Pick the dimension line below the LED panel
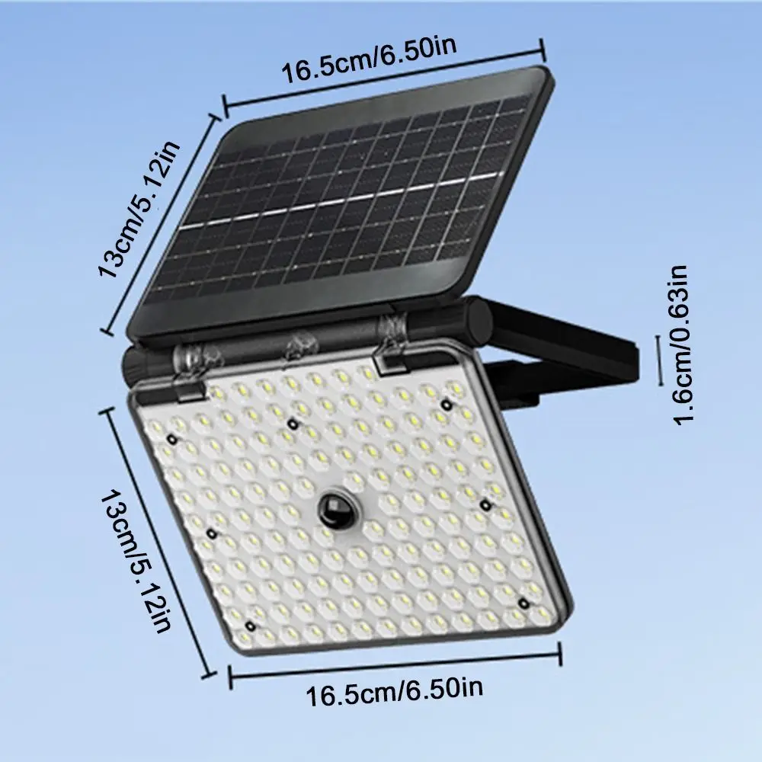(x=395, y=661)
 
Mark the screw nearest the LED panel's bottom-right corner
(x=524, y=603)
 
